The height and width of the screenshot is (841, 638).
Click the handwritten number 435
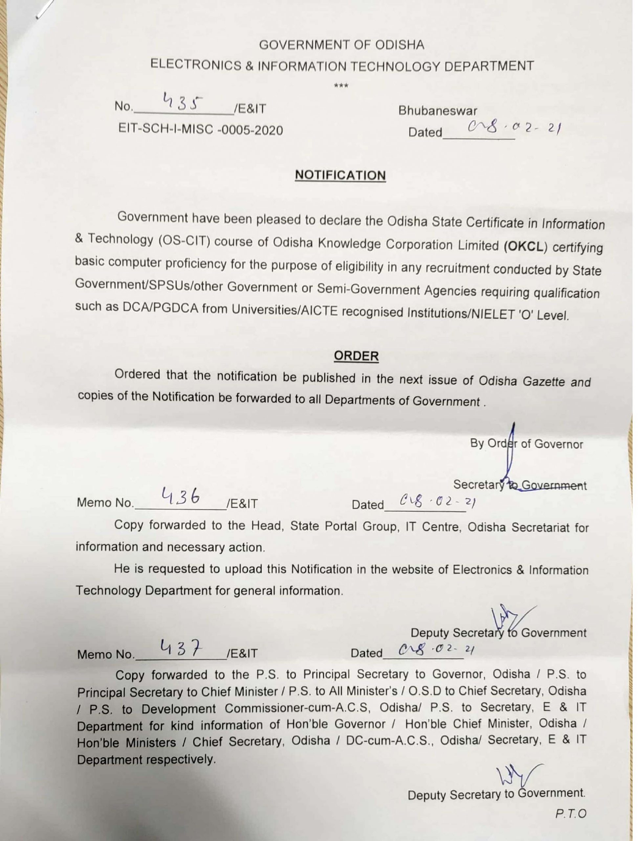[x=182, y=102]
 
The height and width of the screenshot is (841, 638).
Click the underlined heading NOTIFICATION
[x=340, y=175]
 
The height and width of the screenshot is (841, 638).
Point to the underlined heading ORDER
[x=356, y=356]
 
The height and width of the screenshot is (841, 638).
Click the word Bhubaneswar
[x=437, y=111]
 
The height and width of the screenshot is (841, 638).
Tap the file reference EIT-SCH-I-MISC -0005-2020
[x=201, y=130]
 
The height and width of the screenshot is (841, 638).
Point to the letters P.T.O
[x=571, y=814]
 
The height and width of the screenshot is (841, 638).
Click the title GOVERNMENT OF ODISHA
[x=341, y=45]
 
